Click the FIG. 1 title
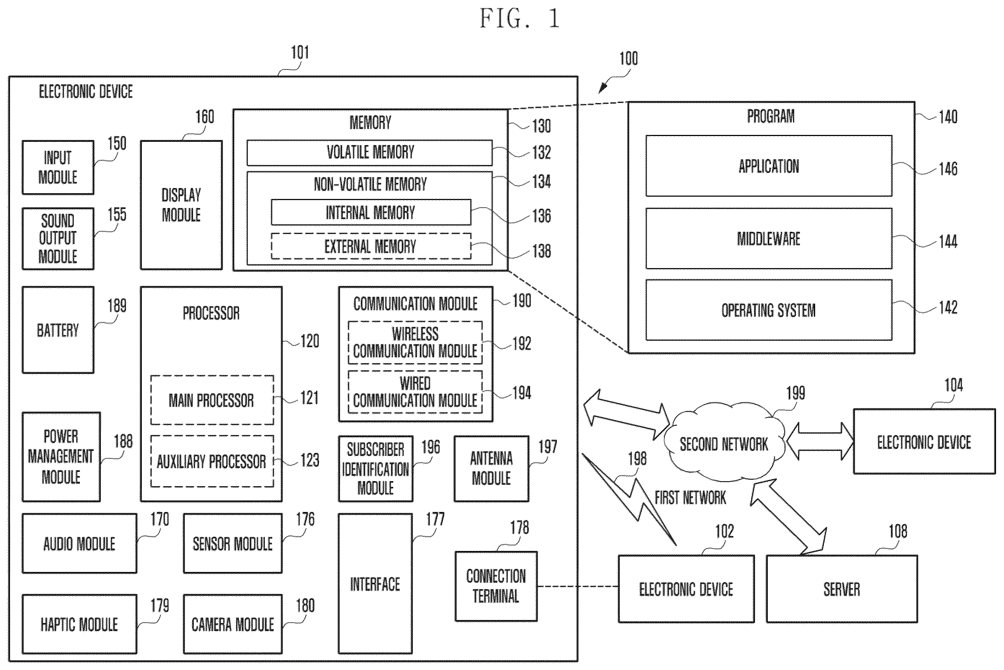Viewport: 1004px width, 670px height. (520, 19)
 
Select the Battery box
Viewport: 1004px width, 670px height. (58, 330)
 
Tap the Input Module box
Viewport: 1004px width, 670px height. (58, 167)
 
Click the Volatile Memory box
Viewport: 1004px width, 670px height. (369, 153)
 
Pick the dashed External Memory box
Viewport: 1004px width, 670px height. (371, 246)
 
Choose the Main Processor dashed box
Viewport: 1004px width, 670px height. (212, 400)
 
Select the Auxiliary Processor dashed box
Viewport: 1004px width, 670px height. (212, 461)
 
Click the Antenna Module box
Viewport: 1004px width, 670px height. (491, 469)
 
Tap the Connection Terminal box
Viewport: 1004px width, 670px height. (496, 586)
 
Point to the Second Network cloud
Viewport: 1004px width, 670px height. (724, 444)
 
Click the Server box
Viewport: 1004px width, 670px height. (842, 589)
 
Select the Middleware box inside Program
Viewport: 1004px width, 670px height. (768, 238)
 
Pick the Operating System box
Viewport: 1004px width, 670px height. (768, 310)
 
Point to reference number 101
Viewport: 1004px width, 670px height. (300, 52)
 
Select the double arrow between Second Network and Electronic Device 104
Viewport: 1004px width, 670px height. (820, 441)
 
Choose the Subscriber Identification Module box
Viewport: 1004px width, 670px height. (376, 469)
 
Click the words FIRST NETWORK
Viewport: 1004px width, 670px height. (690, 497)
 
